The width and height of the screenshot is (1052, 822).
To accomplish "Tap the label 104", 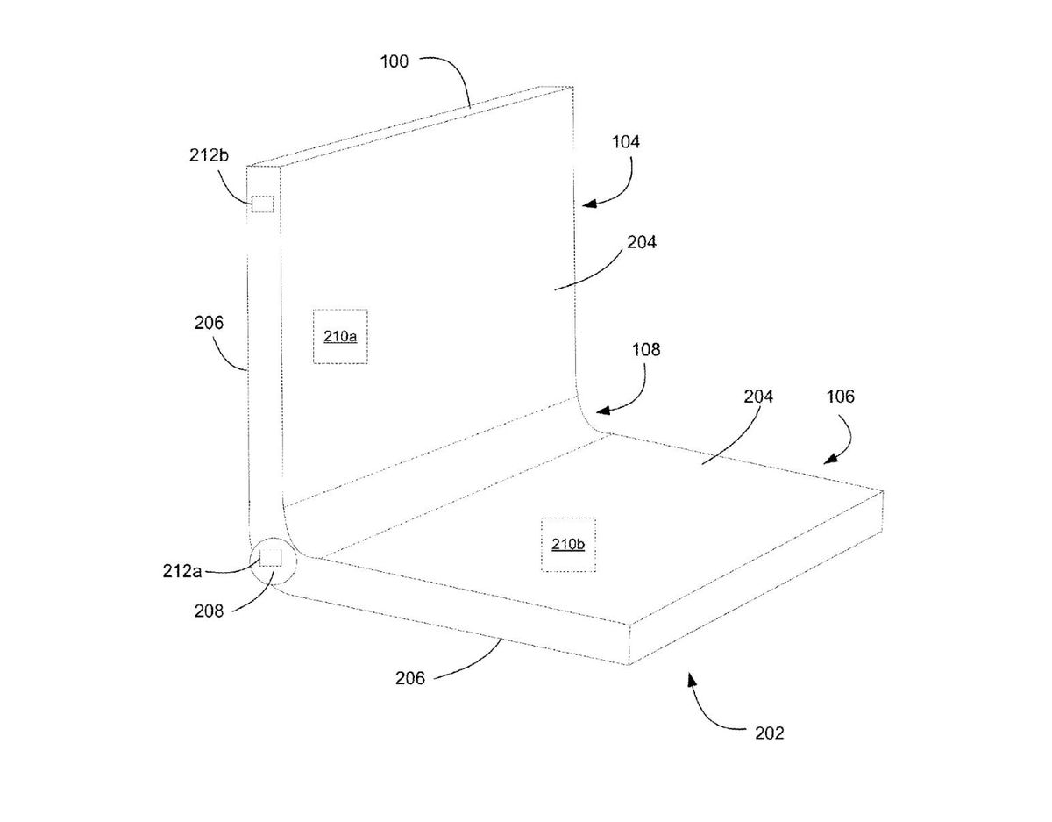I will tap(625, 140).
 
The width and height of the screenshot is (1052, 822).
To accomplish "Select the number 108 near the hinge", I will tap(645, 349).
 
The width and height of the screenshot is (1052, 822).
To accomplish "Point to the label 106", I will tap(838, 397).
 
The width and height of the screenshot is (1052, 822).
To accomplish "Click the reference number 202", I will tap(768, 733).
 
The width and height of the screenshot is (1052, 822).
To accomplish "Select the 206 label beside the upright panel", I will tap(209, 323).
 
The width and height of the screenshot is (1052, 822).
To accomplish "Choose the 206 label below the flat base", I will tap(409, 678).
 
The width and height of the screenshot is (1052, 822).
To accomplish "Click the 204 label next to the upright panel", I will tap(641, 244).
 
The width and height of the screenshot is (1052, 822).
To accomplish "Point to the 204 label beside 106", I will tap(758, 397).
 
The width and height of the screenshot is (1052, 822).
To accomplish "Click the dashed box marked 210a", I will tap(340, 336).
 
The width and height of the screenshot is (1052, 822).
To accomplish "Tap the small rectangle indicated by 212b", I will tap(263, 204).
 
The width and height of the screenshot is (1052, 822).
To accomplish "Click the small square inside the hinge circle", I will tap(271, 558).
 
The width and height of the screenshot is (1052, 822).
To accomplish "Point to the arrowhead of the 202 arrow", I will tap(692, 676).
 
